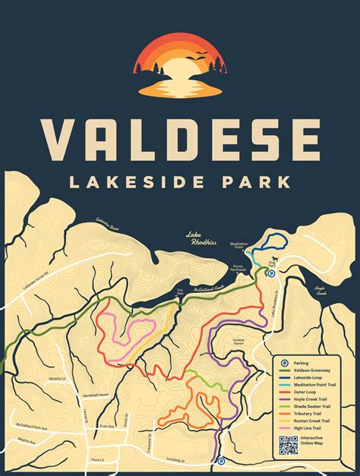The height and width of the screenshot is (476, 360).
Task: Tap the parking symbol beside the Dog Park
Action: pos(271,262)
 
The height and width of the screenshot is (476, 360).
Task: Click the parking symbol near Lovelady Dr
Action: pos(221,461)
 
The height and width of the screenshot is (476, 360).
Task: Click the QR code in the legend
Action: pos(289,446)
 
